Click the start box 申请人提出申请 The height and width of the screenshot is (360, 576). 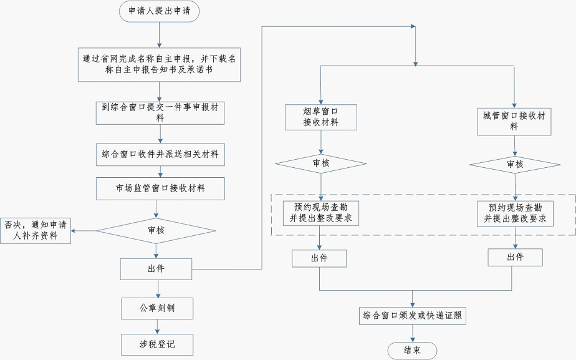click(160, 11)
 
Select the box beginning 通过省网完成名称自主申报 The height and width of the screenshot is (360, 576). click(160, 64)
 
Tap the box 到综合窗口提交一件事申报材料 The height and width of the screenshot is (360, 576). click(160, 112)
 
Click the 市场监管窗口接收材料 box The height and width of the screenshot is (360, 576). click(160, 187)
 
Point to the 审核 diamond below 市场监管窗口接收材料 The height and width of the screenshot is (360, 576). click(156, 231)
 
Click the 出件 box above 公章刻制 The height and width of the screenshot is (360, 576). click(156, 269)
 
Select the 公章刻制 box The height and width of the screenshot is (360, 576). click(157, 308)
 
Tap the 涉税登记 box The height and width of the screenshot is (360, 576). click(157, 344)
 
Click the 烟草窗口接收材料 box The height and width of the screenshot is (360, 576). click(320, 117)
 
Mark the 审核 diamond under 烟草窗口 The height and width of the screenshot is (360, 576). click(320, 164)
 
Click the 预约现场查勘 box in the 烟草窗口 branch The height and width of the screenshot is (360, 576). click(320, 213)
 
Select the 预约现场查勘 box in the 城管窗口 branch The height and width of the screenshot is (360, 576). click(515, 213)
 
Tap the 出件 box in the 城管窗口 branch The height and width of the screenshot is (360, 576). click(515, 258)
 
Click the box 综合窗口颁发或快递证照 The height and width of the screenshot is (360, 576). click(412, 316)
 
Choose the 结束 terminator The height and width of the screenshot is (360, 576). click(412, 351)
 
